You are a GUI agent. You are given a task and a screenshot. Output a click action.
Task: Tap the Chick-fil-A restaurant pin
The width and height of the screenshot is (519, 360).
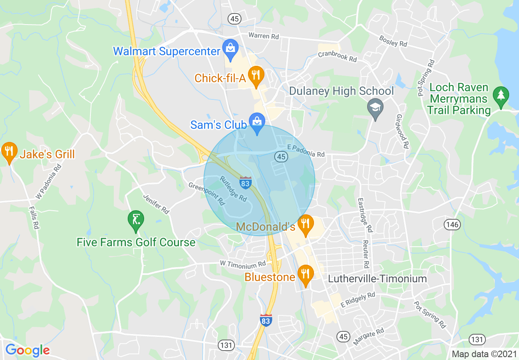pyautogui.click(x=256, y=76)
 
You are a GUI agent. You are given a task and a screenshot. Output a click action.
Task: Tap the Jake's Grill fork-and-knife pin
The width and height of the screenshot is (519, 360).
pyautogui.click(x=9, y=151)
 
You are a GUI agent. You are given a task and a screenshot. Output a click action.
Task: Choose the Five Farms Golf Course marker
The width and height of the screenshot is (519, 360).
pyautogui.click(x=136, y=220)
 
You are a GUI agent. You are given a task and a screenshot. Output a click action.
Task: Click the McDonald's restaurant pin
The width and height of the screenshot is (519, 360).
pyautogui.click(x=305, y=224)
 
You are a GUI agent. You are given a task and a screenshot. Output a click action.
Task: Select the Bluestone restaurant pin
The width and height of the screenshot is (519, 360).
pyautogui.click(x=305, y=274)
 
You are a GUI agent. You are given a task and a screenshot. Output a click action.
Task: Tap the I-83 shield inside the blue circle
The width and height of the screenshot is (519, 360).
pyautogui.click(x=245, y=182)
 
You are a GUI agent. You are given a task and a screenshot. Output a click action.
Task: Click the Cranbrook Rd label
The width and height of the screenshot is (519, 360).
pyautogui.click(x=337, y=57)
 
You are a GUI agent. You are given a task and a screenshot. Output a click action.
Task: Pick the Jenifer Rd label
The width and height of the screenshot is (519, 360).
pyautogui.click(x=156, y=204)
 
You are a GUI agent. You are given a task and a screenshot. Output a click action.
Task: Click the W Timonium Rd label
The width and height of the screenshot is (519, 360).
pyautogui.click(x=243, y=264)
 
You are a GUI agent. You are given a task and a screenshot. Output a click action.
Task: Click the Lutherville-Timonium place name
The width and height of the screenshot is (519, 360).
pyautogui.click(x=377, y=279)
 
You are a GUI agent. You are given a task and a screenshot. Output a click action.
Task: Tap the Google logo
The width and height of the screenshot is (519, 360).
pyautogui.click(x=27, y=350)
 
